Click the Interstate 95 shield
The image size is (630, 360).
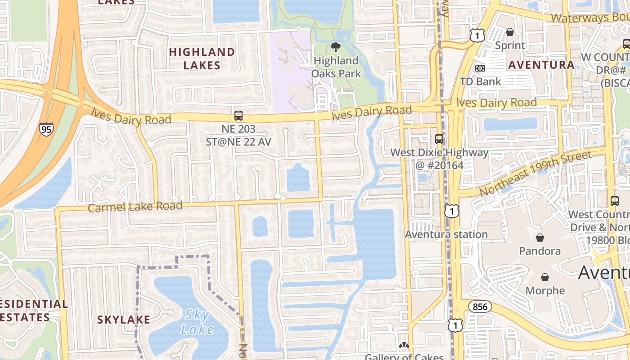[x=46, y=129]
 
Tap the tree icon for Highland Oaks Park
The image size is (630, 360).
[x=335, y=47]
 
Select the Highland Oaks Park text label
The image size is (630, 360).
[x=336, y=67]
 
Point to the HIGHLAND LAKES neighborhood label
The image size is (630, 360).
[x=202, y=58]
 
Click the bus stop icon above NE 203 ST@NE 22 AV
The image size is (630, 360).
[x=238, y=116]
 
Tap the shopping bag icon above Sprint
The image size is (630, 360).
[x=510, y=32]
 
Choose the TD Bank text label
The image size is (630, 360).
[x=481, y=81]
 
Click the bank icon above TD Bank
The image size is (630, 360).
[x=480, y=68]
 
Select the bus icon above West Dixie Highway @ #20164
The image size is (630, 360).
[x=439, y=139]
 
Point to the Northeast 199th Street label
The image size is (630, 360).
[x=535, y=173]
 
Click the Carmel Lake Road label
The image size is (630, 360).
[x=135, y=207]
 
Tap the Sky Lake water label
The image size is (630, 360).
[x=197, y=321]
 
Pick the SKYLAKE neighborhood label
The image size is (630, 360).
[x=124, y=319]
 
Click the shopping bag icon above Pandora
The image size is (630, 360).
[x=540, y=237]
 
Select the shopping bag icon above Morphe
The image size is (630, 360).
[x=545, y=277]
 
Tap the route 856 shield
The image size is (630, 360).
[x=480, y=307]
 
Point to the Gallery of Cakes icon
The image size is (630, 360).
[x=404, y=346]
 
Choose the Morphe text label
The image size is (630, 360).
[x=545, y=291]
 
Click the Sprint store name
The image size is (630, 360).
[x=510, y=45]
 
